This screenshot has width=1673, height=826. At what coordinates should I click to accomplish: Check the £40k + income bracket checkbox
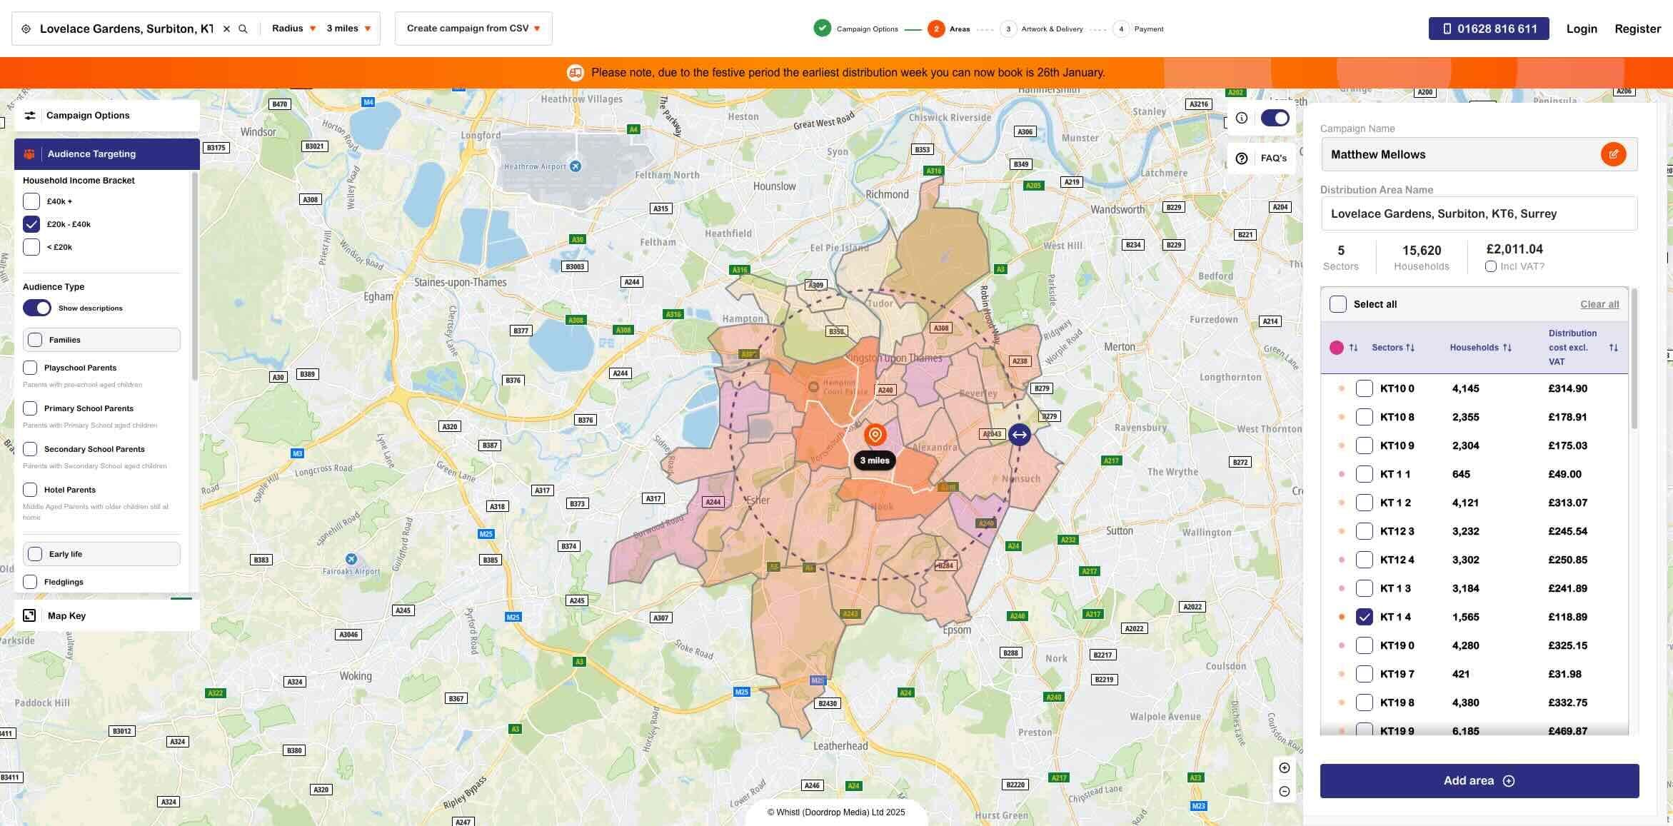31,201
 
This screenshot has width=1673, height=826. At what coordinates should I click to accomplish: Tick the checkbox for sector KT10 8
1364,417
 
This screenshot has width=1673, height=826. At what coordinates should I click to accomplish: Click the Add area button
1479,780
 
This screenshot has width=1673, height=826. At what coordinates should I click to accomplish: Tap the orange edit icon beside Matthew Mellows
1613,154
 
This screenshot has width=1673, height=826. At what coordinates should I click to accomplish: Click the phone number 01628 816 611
1489,29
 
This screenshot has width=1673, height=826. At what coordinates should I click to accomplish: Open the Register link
1637,29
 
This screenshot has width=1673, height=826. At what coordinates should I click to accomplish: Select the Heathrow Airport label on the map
536,166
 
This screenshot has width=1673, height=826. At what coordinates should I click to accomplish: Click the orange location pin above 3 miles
875,434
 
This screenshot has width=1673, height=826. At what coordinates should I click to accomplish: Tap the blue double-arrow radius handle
1019,434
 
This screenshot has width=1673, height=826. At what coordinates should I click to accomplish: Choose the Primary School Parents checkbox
30,408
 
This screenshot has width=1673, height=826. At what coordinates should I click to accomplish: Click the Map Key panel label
66,615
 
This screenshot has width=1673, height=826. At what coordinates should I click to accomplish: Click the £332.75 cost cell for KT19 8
1567,702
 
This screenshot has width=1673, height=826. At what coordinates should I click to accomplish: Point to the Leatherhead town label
840,746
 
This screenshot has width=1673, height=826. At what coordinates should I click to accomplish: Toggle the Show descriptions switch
37,308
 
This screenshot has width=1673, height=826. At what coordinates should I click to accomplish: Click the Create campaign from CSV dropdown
473,29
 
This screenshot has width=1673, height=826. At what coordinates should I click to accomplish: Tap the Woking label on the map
355,675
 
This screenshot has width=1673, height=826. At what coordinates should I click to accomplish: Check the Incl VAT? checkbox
1491,266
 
